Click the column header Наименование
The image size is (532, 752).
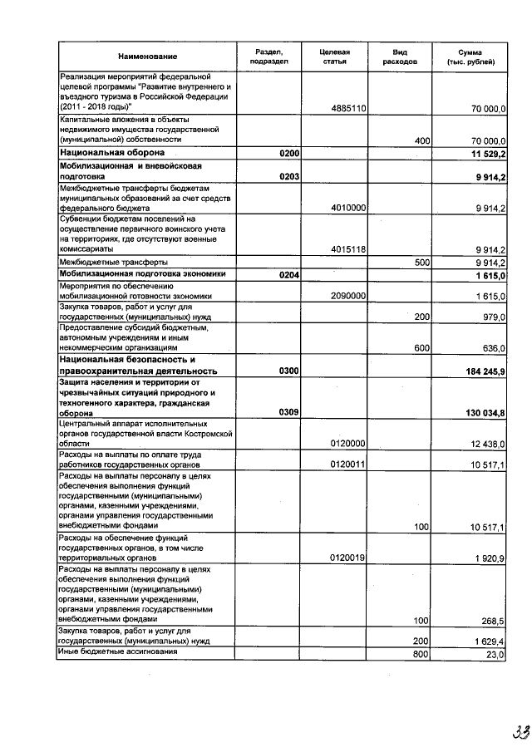pos(147,57)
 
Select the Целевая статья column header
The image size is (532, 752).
pos(334,57)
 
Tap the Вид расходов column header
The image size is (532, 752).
pos(399,57)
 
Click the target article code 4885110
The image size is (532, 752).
pos(349,109)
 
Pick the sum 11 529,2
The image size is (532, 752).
pos(488,154)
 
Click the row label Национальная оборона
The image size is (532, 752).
pos(112,154)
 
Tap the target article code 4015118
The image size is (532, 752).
pos(349,249)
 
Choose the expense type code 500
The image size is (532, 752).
pos(421,262)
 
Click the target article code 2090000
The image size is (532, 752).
pos(349,296)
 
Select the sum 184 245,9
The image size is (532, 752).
pos(485,371)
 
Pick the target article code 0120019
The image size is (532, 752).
pos(349,558)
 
